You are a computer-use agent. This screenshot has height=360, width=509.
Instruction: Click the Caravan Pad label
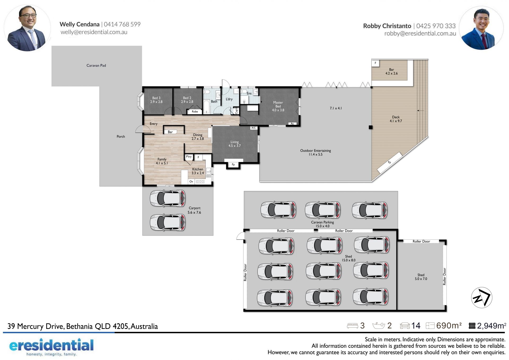click(x=96, y=66)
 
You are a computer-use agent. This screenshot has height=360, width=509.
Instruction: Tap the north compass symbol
click(x=481, y=298)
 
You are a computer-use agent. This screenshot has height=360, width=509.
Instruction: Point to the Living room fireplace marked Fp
click(x=233, y=164)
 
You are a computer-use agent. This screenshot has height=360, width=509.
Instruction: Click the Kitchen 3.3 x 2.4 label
click(x=198, y=171)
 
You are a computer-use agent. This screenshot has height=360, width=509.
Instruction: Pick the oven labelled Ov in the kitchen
click(x=191, y=181)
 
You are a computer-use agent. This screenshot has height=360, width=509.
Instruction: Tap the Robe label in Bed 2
click(x=195, y=112)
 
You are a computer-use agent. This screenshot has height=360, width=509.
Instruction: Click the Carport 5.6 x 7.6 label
click(x=194, y=210)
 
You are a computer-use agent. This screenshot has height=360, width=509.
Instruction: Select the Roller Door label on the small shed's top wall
click(x=421, y=241)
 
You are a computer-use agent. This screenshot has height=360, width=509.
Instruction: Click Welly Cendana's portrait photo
click(x=27, y=28)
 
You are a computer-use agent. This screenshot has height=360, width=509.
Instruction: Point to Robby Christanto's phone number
click(x=436, y=26)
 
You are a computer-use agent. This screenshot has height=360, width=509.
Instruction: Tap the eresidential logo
click(x=51, y=347)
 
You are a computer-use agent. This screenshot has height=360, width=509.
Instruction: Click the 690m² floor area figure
click(x=449, y=326)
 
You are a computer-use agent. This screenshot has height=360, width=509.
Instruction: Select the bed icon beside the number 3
click(x=352, y=326)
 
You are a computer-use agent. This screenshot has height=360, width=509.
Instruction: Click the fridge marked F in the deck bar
click(x=375, y=63)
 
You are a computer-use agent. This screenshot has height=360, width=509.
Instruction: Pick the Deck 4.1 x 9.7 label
click(x=396, y=119)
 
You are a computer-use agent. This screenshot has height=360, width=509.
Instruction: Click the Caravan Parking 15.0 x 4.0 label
click(x=322, y=224)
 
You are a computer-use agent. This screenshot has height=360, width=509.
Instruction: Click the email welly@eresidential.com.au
click(x=94, y=32)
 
